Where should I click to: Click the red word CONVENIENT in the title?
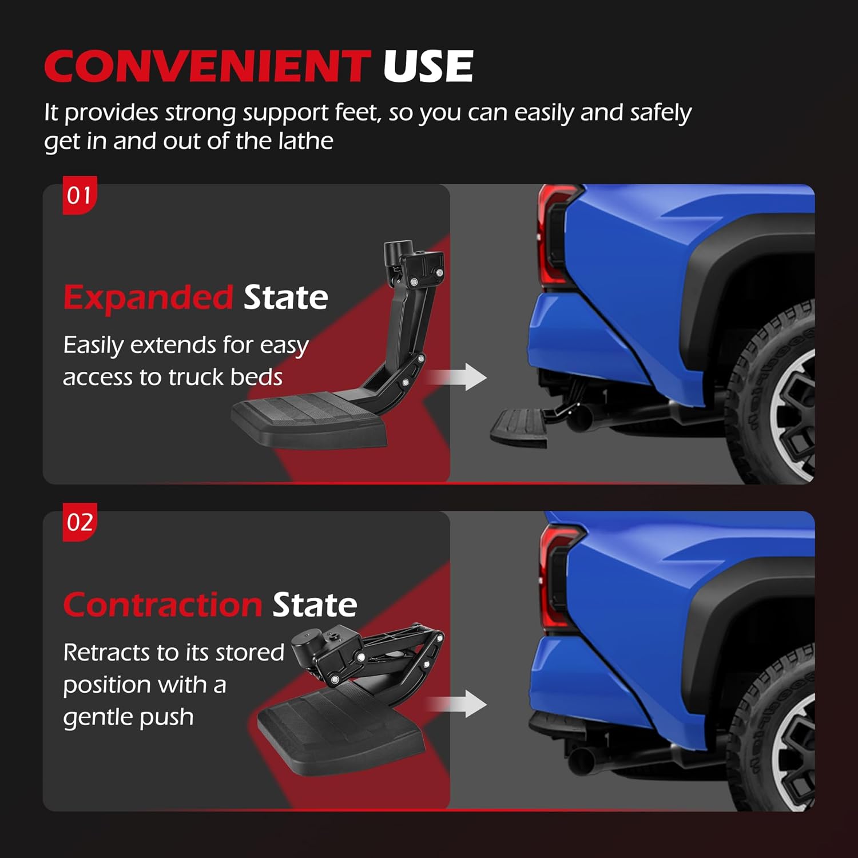coord(207,66)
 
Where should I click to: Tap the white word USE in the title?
coord(428,66)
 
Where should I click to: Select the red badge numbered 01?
coord(80,196)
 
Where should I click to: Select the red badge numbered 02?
coord(80,522)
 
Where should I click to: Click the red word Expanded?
coord(148,297)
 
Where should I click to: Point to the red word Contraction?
coord(162,605)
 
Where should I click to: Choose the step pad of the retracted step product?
coord(340,732)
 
